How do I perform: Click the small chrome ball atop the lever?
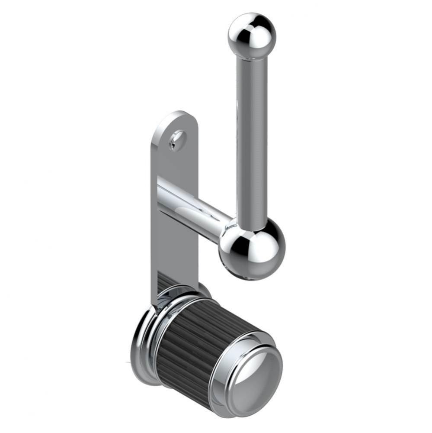point(252,35)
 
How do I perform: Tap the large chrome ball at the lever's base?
point(252,249)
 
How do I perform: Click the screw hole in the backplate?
point(178,140)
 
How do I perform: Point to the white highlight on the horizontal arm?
point(195,212)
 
